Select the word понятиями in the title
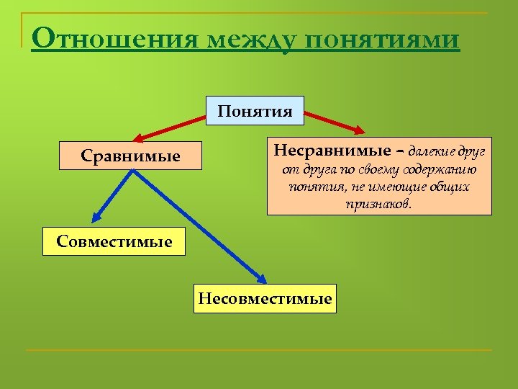pos(382,40)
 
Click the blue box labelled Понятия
pos(255,111)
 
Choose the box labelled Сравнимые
pos(131,156)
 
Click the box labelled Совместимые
pos(114,241)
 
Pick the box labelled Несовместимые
pos(265,298)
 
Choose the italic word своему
pos(381,171)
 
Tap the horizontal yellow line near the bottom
pos(259,351)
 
